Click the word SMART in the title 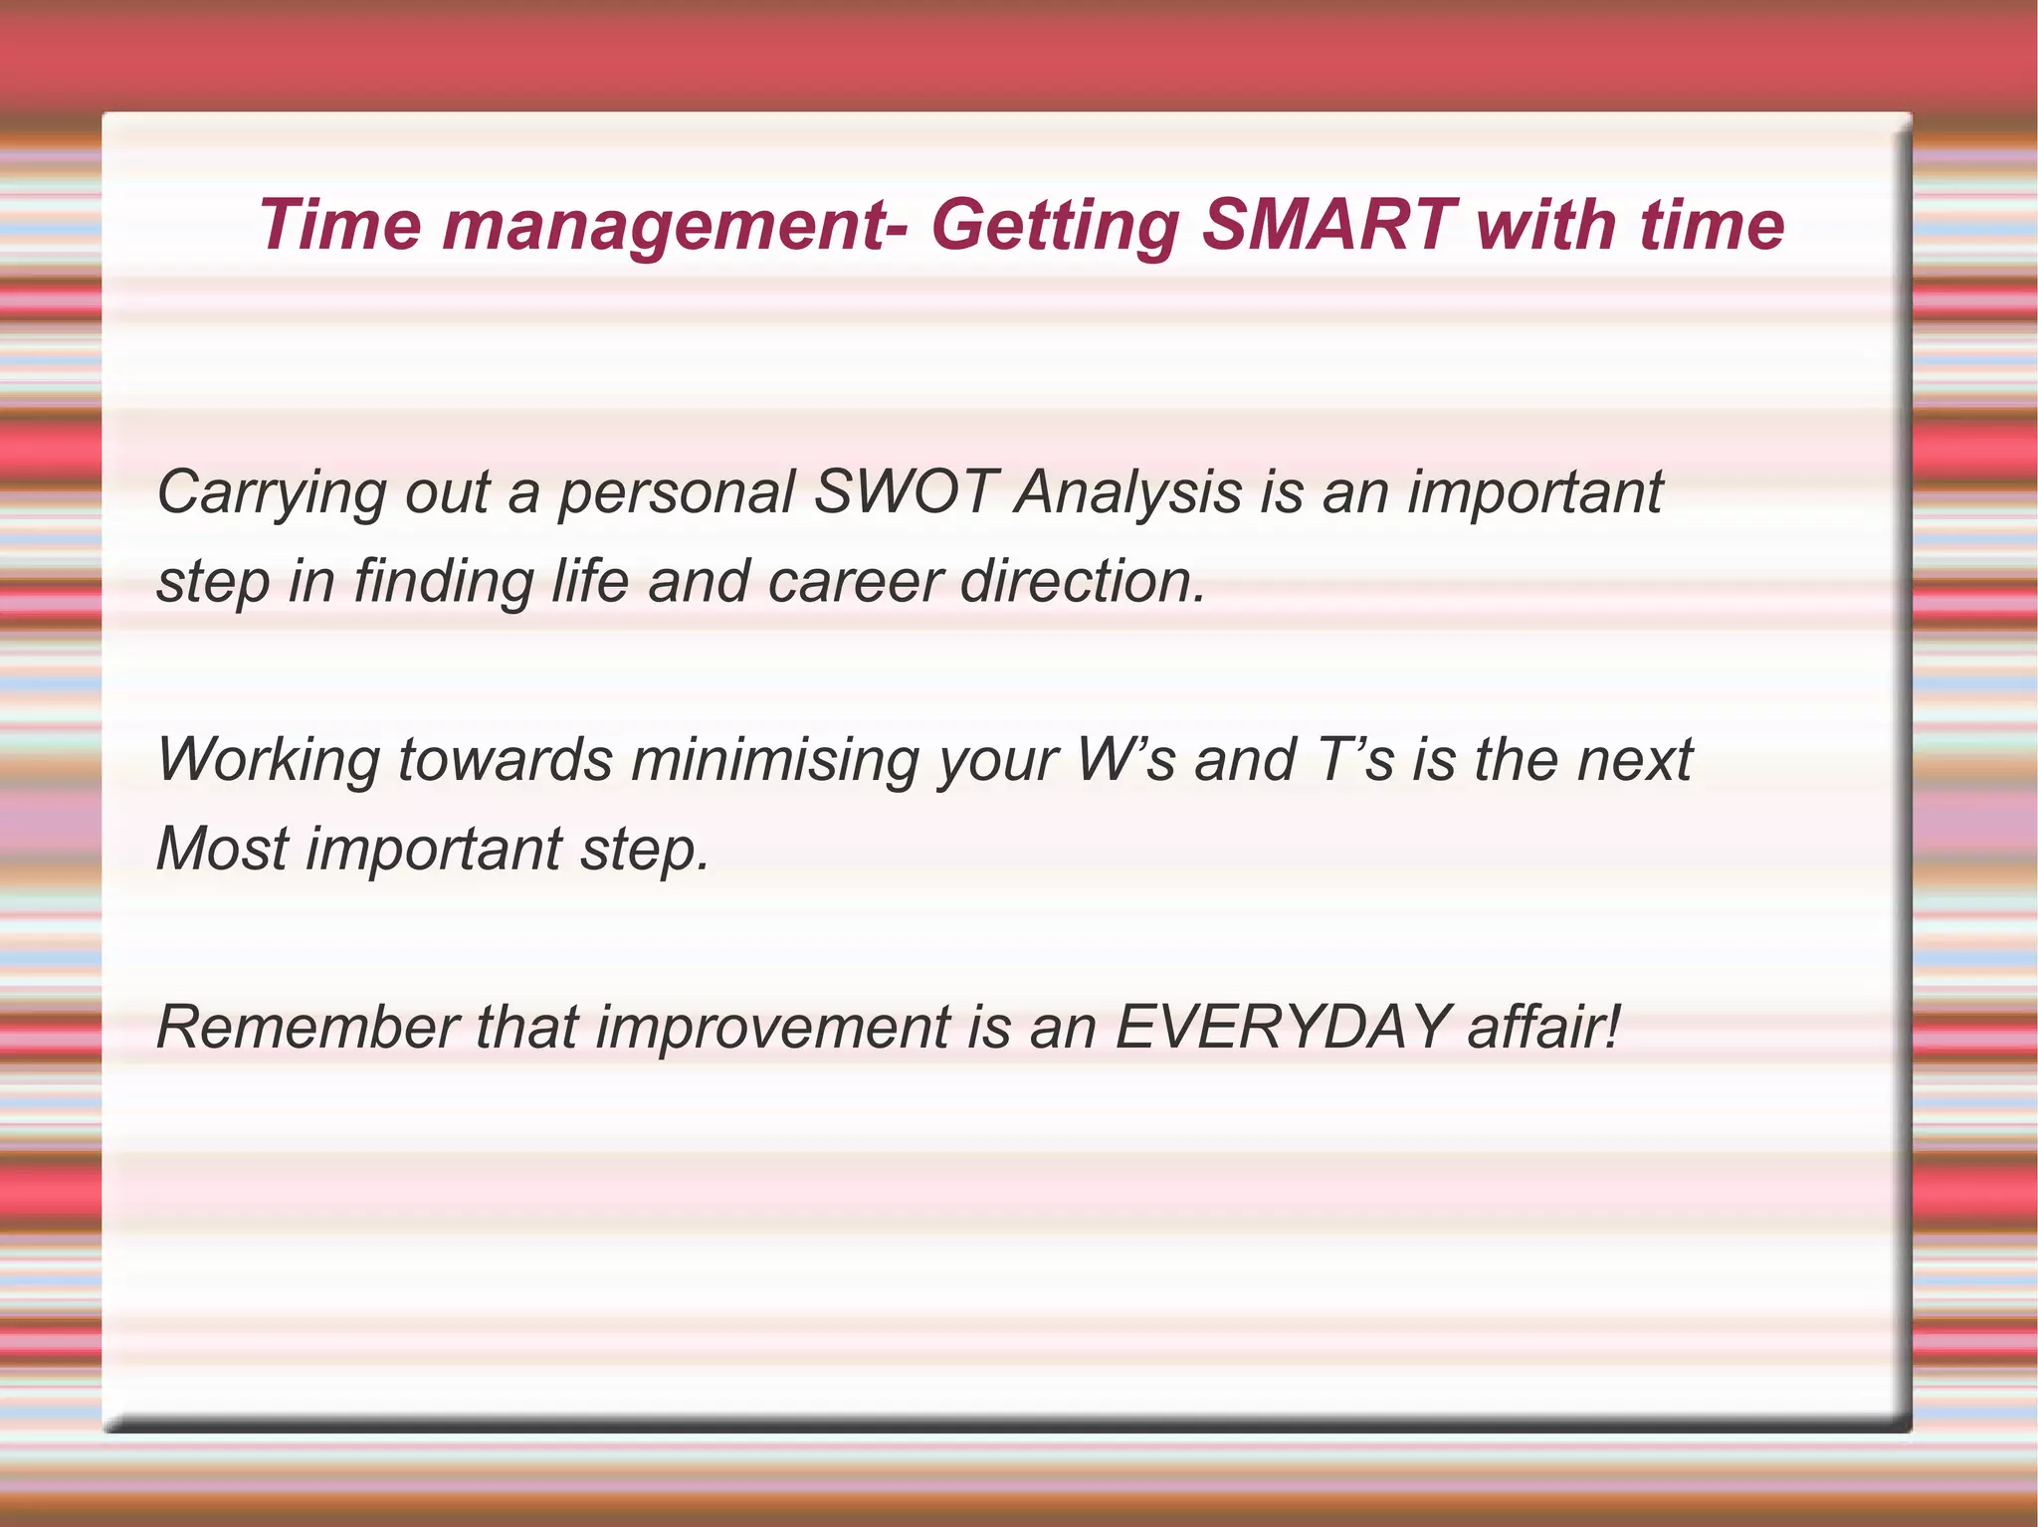[x=1328, y=225]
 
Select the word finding [x=443, y=583]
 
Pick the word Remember [x=306, y=1027]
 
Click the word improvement [x=772, y=1029]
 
